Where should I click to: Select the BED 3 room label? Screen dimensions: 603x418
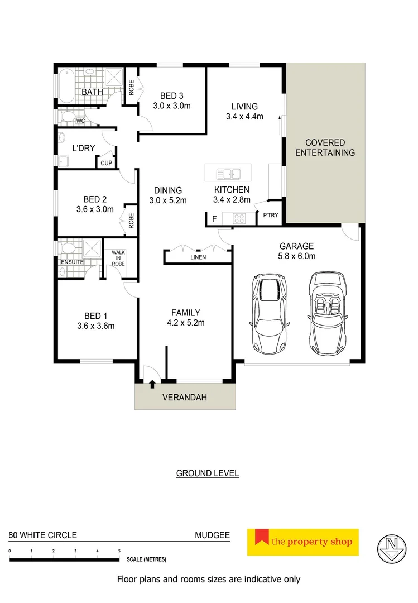pos(171,96)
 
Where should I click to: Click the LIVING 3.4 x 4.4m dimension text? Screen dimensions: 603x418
pos(244,117)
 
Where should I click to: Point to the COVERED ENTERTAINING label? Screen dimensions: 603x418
pos(325,147)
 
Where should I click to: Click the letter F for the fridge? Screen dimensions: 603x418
pos(214,218)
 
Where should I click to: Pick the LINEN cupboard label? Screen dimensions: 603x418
pos(198,257)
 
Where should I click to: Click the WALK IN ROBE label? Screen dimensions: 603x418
pos(118,258)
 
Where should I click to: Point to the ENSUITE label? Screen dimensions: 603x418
pos(73,262)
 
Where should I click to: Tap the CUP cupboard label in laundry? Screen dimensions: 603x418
pos(105,163)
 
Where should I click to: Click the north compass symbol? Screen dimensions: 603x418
pos(391,546)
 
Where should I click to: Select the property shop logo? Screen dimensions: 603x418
pos(303,542)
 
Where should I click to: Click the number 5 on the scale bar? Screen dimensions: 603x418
pos(119,551)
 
